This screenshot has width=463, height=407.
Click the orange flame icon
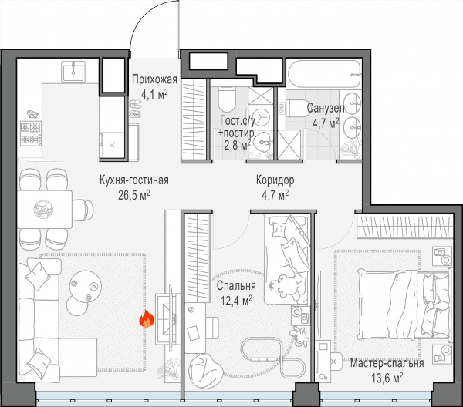coord(147,319)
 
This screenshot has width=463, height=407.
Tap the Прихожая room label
coord(154,79)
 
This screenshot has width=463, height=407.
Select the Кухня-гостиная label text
coord(134,180)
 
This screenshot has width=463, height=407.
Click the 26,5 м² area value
coord(134,195)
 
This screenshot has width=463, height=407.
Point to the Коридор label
coord(275,180)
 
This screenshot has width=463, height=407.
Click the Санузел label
coord(326,108)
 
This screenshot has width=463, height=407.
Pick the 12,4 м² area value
coord(236,301)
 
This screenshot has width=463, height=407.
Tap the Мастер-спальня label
coord(387,363)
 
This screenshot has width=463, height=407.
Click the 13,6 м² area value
coord(387,378)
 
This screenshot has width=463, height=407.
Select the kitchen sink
coord(73,72)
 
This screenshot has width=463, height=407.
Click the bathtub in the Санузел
coord(324,74)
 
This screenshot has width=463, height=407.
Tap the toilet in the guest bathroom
coord(227,99)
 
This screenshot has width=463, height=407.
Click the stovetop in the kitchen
coord(31,133)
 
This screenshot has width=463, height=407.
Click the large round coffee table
coord(86,286)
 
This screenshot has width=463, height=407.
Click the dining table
coord(45,210)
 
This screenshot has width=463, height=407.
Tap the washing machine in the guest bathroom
coord(261,117)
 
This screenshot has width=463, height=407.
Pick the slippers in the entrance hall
coord(135,109)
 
